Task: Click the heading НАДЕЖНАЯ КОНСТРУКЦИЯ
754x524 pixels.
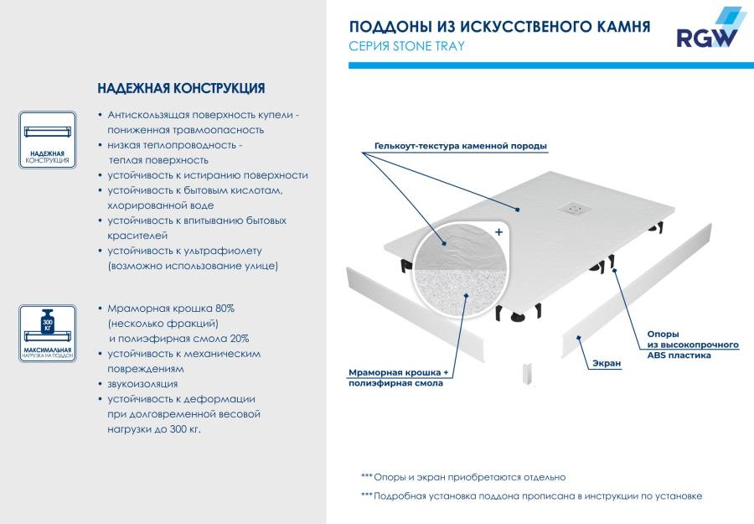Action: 181,88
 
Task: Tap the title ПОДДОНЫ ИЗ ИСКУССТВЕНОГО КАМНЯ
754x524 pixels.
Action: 498,27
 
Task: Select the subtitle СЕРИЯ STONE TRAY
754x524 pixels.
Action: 405,46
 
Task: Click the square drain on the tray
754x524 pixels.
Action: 575,206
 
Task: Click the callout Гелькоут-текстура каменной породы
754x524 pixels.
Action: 455,146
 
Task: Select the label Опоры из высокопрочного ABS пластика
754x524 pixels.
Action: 692,344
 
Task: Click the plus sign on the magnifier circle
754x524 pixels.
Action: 498,231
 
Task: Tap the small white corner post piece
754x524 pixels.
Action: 528,374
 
